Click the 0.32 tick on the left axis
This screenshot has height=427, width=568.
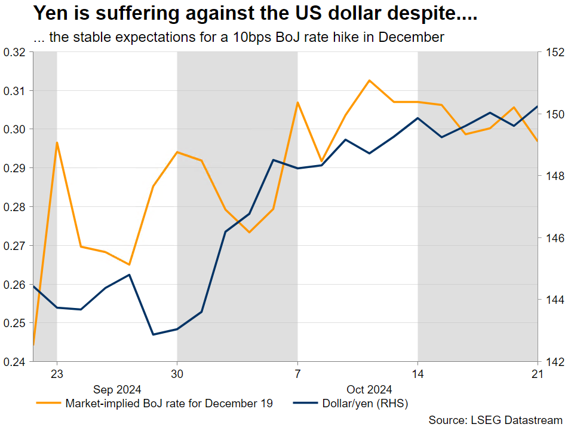tap(15, 53)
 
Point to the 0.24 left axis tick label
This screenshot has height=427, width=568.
tap(15, 362)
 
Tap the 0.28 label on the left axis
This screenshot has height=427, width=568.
tap(15, 207)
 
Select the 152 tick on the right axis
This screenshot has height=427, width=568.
tap(552, 53)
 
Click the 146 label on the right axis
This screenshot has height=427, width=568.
tap(552, 237)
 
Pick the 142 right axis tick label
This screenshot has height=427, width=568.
tap(552, 362)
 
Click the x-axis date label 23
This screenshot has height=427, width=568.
tap(57, 374)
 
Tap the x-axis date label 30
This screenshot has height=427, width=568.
tap(177, 374)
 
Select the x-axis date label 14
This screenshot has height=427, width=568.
tap(417, 374)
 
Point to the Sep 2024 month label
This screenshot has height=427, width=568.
tap(117, 389)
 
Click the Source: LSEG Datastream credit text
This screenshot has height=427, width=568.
tap(496, 420)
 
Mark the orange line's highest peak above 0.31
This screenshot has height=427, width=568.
tap(370, 80)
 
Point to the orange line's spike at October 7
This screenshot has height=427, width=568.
tap(297, 102)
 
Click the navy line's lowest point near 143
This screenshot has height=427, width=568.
tap(153, 334)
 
